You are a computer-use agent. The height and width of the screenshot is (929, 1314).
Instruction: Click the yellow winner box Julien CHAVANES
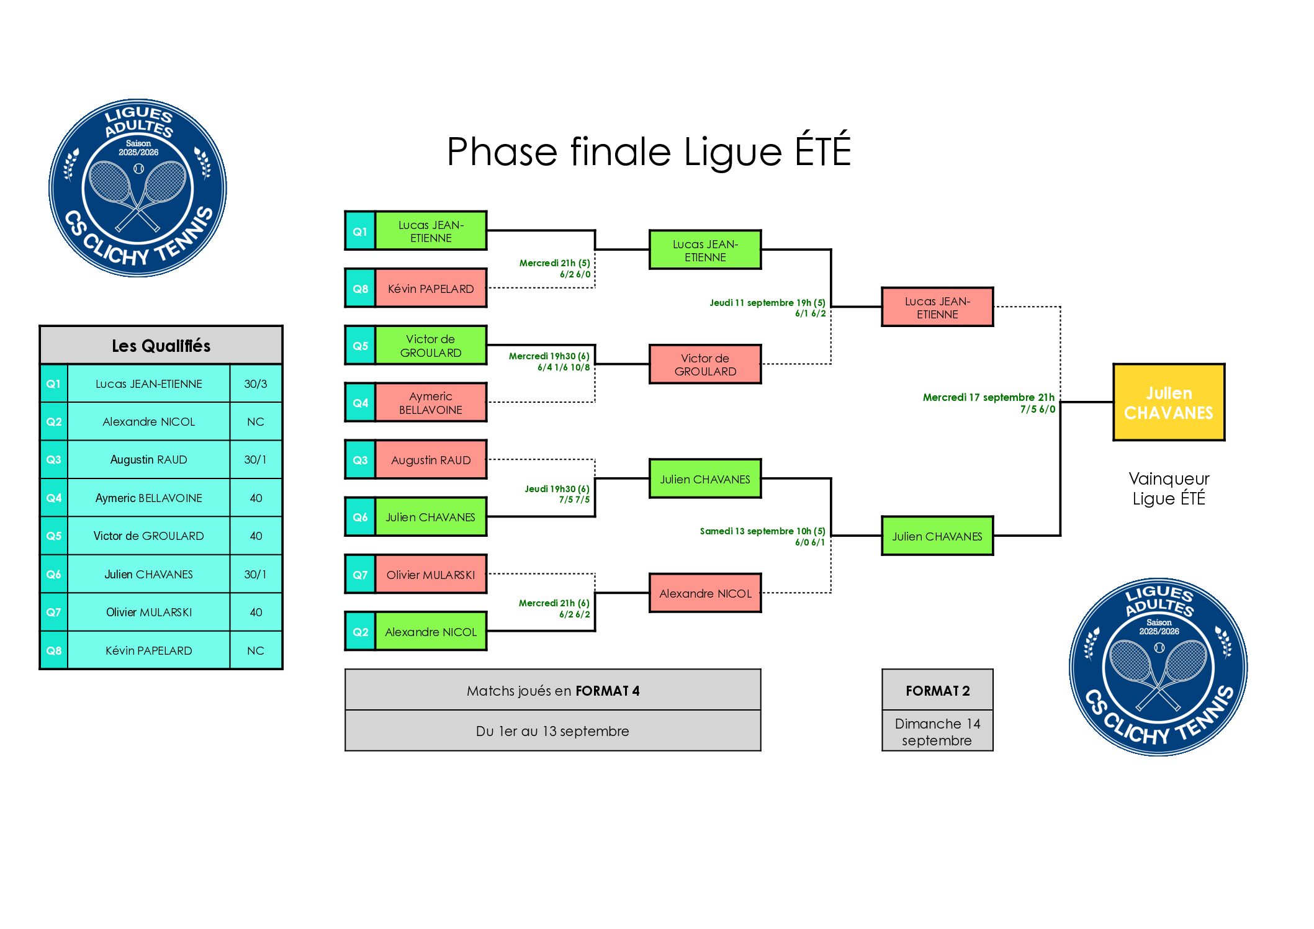(x=1168, y=402)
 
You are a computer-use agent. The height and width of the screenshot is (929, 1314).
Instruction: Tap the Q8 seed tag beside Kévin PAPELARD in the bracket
(x=360, y=289)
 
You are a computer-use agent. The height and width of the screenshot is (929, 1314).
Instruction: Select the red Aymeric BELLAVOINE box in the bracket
(x=430, y=403)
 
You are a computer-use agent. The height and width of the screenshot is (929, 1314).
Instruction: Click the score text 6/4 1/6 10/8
(x=564, y=367)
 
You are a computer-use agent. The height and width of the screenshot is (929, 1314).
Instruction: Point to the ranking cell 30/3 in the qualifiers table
(x=255, y=384)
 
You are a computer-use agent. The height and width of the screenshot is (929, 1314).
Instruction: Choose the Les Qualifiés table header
(x=161, y=346)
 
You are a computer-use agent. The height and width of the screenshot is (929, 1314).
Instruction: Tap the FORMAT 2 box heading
(x=937, y=691)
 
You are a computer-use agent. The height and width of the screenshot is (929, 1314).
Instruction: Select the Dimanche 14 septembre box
(x=937, y=732)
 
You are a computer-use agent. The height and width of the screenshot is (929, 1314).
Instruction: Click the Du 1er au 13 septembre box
(x=552, y=731)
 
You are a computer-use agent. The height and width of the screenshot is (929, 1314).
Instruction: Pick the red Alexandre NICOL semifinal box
(x=705, y=593)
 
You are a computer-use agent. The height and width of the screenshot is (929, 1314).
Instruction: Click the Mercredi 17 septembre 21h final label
(x=988, y=397)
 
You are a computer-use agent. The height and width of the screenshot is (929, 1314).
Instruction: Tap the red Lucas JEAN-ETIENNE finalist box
(x=937, y=307)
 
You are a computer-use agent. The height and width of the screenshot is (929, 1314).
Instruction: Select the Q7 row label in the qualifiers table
(x=54, y=612)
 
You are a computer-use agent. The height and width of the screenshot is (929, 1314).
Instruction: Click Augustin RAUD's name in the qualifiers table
(x=148, y=459)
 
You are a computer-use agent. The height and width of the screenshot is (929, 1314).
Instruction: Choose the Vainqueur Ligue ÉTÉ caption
(x=1168, y=488)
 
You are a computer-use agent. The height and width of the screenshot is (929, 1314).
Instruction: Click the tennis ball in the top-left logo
(x=138, y=168)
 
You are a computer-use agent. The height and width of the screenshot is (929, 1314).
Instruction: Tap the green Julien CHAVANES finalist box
(x=937, y=536)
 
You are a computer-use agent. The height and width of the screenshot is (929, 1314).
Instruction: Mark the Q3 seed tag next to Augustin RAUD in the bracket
(x=360, y=460)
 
